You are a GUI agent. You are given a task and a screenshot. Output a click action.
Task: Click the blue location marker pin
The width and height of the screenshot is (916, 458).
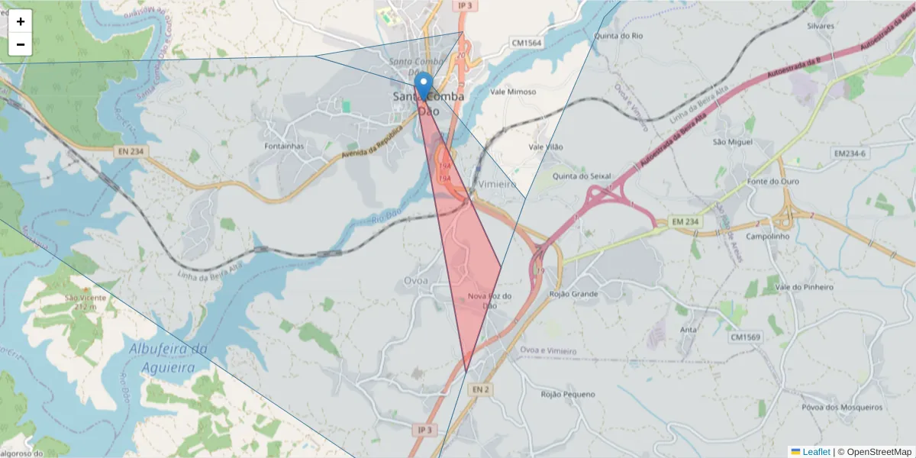(423, 85)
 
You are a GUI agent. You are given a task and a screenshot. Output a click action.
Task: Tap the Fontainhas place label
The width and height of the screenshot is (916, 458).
(284, 146)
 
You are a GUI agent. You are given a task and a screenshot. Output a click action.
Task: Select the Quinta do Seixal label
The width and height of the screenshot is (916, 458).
(582, 176)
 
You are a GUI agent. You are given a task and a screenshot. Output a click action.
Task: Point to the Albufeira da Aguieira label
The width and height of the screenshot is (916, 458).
(168, 358)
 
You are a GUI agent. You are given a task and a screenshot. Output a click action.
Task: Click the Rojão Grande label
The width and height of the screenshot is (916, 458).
(574, 293)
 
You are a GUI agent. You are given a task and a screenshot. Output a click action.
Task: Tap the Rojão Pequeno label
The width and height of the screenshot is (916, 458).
(567, 395)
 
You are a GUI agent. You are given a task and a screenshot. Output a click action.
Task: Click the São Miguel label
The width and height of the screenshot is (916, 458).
(732, 142)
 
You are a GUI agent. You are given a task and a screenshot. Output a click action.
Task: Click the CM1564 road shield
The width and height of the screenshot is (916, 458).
(526, 44)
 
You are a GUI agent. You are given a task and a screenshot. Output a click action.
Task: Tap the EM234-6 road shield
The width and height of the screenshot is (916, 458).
(850, 153)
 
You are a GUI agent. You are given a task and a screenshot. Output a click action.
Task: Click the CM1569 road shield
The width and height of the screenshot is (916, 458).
(746, 337)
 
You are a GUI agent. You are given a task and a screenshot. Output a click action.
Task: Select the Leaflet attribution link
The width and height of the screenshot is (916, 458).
(816, 452)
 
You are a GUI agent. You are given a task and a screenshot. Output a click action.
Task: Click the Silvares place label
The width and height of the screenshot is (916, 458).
(821, 26)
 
